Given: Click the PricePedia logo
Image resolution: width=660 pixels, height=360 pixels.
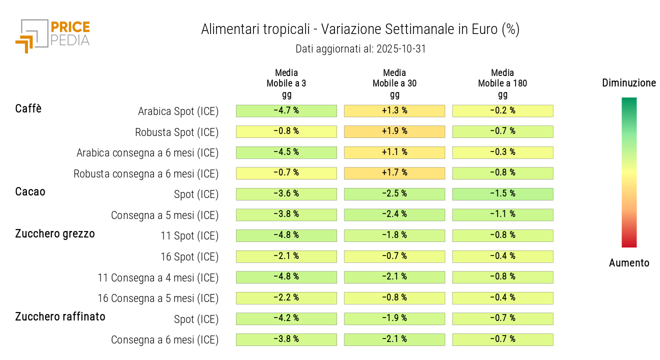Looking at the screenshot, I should pyautogui.click(x=52, y=35).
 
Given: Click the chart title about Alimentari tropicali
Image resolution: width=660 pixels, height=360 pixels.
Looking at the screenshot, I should pyautogui.click(x=360, y=29).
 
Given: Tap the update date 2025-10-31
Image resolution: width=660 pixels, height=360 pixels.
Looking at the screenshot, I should pyautogui.click(x=360, y=49).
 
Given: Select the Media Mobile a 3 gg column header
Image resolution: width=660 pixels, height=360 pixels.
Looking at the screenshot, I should pyautogui.click(x=286, y=83).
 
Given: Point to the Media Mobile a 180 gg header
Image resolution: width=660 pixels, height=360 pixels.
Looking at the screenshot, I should pyautogui.click(x=502, y=83).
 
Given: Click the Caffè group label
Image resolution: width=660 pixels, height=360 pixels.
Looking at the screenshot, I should pyautogui.click(x=28, y=108).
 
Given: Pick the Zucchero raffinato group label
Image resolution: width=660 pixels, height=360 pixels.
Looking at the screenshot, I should pyautogui.click(x=60, y=316).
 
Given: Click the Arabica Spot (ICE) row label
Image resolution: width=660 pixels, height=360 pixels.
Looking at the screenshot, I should pyautogui.click(x=178, y=111).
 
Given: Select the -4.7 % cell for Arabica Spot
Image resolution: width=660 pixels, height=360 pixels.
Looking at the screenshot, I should pyautogui.click(x=286, y=110).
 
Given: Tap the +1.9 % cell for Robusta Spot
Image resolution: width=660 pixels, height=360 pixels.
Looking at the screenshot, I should pyautogui.click(x=394, y=131).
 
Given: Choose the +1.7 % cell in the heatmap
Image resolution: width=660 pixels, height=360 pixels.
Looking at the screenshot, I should pyautogui.click(x=394, y=173).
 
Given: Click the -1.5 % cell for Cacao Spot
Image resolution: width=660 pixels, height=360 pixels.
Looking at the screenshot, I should pyautogui.click(x=502, y=194).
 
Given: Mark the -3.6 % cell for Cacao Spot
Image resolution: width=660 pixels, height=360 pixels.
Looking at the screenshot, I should pyautogui.click(x=286, y=194).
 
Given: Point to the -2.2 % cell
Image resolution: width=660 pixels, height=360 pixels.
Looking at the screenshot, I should pyautogui.click(x=286, y=298).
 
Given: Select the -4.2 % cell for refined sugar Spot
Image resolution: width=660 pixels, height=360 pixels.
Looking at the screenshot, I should pyautogui.click(x=286, y=318).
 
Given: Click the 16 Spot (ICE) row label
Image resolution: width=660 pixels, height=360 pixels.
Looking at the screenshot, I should pyautogui.click(x=189, y=257).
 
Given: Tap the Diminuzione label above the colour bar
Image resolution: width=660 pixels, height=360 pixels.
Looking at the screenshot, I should pyautogui.click(x=629, y=83).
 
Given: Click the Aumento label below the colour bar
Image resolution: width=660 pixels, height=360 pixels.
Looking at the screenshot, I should pyautogui.click(x=629, y=263).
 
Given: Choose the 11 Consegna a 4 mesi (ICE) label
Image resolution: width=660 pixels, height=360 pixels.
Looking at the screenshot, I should pyautogui.click(x=158, y=277).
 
